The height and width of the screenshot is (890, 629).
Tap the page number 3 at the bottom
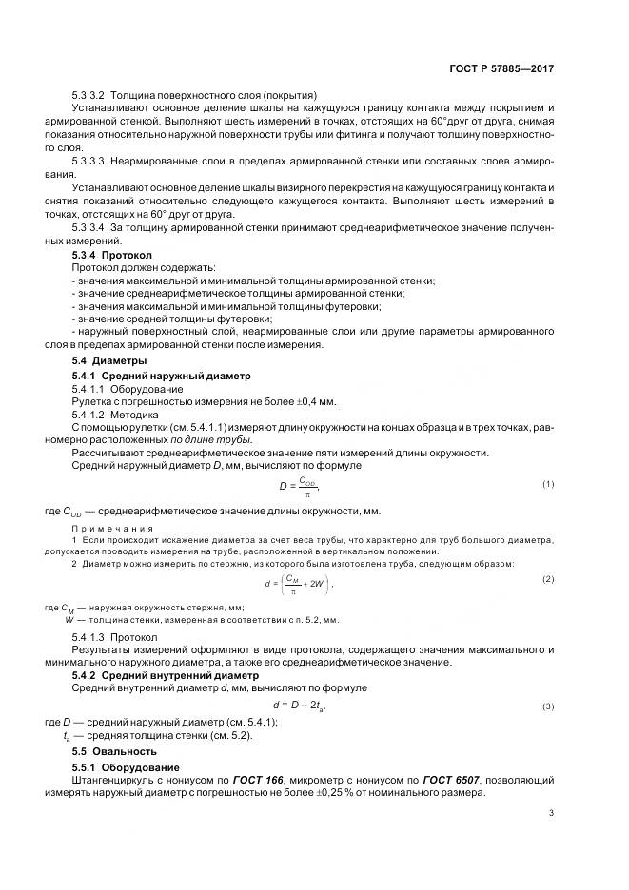552,812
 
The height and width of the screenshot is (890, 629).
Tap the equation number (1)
548,484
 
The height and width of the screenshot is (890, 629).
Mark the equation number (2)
548,578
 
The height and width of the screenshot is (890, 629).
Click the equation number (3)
548,706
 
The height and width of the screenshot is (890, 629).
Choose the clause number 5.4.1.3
89,636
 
